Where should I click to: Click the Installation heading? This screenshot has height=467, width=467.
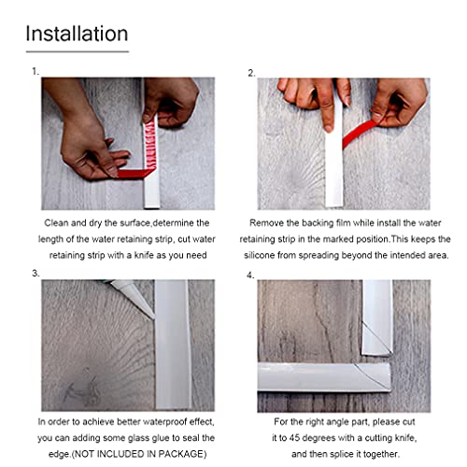click(x=77, y=34)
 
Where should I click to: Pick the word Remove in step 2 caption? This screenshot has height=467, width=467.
click(x=274, y=223)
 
